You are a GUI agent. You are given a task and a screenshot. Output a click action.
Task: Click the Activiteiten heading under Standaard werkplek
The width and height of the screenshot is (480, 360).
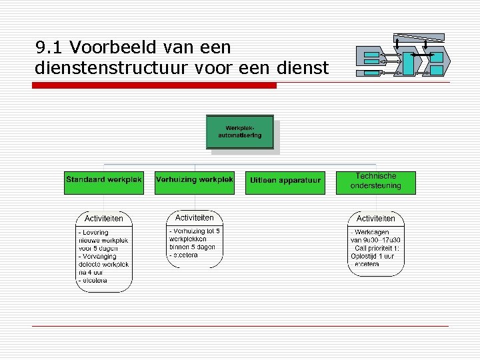pyautogui.click(x=104, y=219)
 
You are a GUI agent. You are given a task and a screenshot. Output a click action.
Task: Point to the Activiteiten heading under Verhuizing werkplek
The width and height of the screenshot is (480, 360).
pyautogui.click(x=194, y=218)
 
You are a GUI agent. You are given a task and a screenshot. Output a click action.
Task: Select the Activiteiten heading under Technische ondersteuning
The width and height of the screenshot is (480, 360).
pyautogui.click(x=376, y=219)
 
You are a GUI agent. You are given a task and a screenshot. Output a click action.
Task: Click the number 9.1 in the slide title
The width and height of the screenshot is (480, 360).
pyautogui.click(x=49, y=47)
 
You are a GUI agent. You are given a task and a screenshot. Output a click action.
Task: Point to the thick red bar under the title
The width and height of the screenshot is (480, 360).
pyautogui.click(x=155, y=85)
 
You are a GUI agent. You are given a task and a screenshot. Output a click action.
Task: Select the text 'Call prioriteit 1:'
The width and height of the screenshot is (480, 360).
pyautogui.click(x=377, y=248)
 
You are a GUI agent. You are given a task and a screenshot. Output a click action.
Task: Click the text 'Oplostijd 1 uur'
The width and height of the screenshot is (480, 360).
pyautogui.click(x=374, y=256)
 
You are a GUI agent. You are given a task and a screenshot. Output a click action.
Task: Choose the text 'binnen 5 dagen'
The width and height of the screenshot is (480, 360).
pyautogui.click(x=192, y=247)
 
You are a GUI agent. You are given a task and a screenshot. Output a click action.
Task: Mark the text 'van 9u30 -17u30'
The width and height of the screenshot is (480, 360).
pyautogui.click(x=375, y=240)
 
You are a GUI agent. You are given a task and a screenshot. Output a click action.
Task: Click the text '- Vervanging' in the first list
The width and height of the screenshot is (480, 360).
pyautogui.click(x=97, y=256)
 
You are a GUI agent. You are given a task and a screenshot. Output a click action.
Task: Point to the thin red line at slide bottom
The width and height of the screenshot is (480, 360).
pyautogui.click(x=240, y=325)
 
